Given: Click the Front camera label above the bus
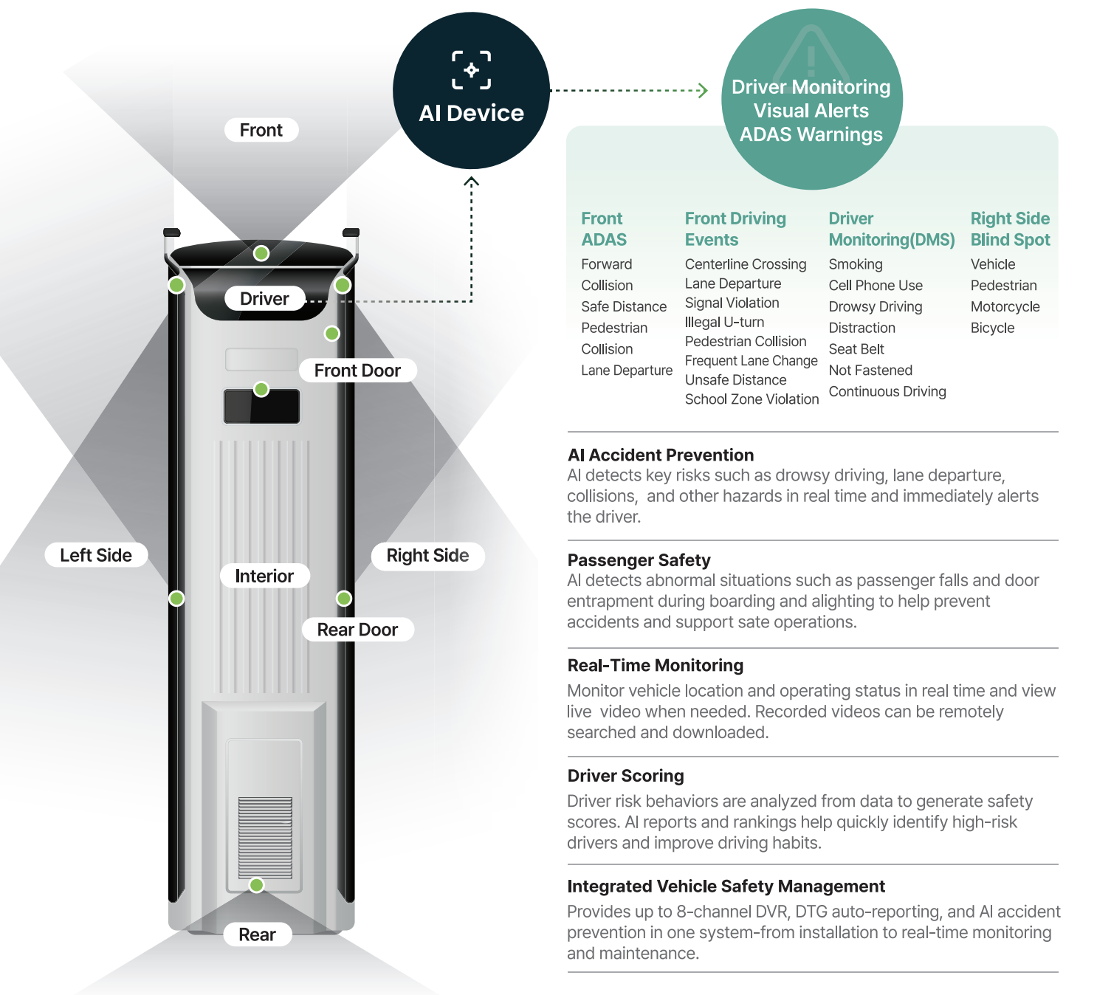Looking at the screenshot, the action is (261, 130).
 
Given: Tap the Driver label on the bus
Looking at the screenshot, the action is (265, 299).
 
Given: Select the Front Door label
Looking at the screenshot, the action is (357, 371).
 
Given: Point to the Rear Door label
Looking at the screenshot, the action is (357, 630).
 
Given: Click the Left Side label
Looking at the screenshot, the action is (96, 555).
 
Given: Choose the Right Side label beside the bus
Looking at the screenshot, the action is (427, 556).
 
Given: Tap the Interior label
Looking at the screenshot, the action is (265, 576).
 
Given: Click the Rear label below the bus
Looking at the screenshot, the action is (258, 934).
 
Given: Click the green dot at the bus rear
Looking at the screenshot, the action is (256, 884).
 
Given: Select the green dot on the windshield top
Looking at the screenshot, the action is (261, 253).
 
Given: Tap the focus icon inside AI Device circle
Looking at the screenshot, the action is (472, 70).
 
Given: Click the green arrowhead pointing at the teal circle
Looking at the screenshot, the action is (704, 90).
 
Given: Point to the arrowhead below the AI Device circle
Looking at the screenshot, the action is (472, 181).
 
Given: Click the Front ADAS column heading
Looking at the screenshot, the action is (604, 230).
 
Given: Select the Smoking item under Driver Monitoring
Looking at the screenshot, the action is (856, 264).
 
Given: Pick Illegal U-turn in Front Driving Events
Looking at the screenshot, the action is (725, 322).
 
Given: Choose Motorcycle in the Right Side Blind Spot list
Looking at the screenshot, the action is (1005, 307).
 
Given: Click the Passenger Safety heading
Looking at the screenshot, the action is (639, 560).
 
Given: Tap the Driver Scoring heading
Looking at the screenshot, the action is (625, 776).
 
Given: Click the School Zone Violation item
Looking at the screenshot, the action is (752, 399).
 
